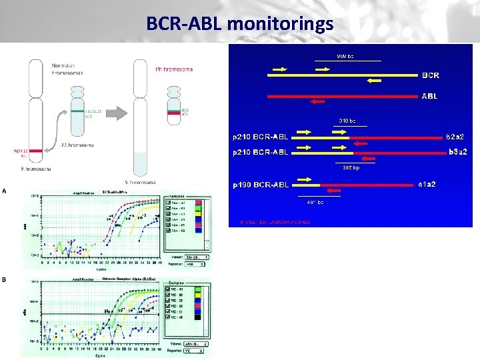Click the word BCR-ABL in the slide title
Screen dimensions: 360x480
pyautogui.click(x=184, y=25)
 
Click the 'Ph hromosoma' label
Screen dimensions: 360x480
pyautogui.click(x=169, y=68)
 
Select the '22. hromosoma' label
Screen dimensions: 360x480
pyautogui.click(x=77, y=145)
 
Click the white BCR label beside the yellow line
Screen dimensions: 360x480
pyautogui.click(x=431, y=75)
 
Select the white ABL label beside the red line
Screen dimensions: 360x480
pyautogui.click(x=430, y=96)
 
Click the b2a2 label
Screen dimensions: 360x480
pyautogui.click(x=456, y=137)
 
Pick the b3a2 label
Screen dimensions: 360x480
pyautogui.click(x=457, y=152)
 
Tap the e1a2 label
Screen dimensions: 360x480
pyautogui.click(x=427, y=183)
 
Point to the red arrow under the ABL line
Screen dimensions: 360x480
pyautogui.click(x=317, y=102)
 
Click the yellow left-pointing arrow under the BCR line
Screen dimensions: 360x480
pyautogui.click(x=375, y=81)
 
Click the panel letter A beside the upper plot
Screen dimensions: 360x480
pyautogui.click(x=5, y=190)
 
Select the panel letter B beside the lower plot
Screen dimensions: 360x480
pyautogui.click(x=5, y=280)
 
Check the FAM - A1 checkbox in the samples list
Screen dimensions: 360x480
pyautogui.click(x=169, y=201)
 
